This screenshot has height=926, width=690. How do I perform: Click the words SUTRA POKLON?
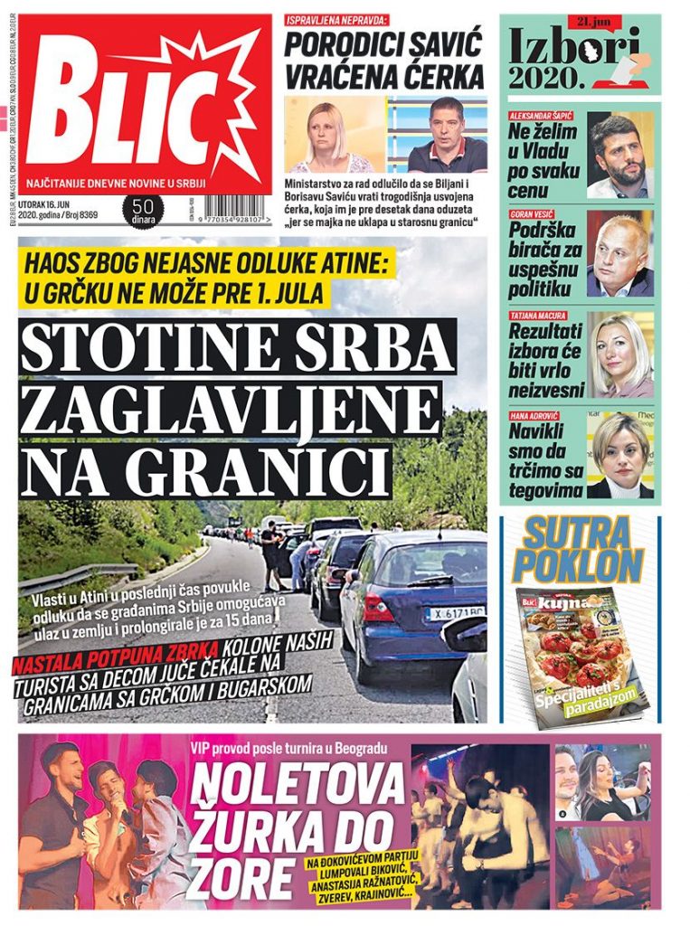tap(580, 550)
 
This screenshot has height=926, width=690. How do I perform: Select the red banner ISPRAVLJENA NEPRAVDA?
tap(337, 20)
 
